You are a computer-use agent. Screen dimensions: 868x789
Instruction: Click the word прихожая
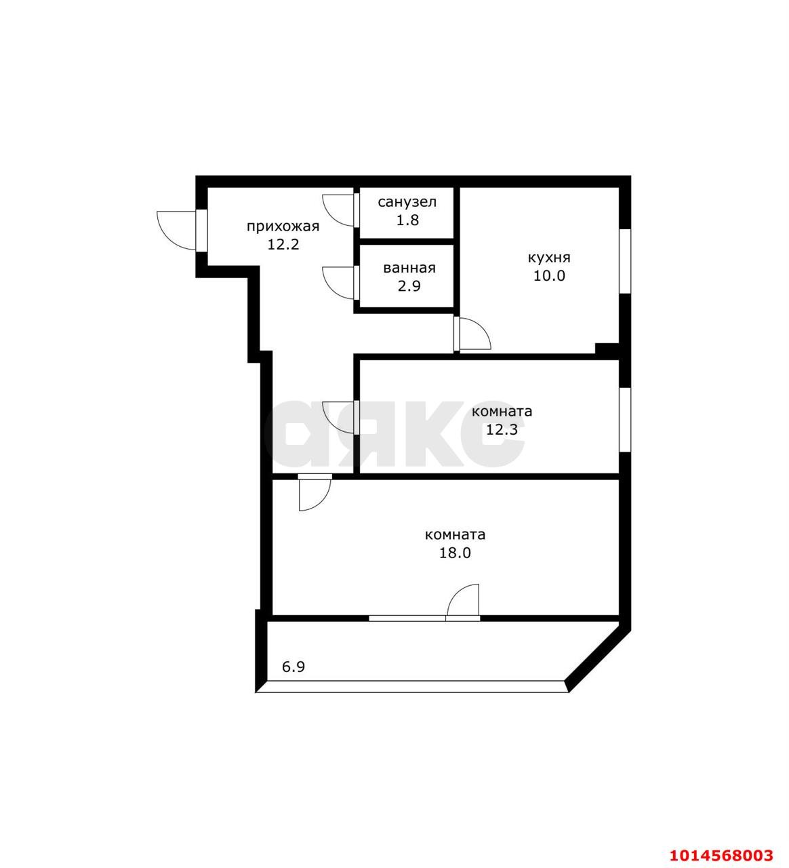tap(282, 226)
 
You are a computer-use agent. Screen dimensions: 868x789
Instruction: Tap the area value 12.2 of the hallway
tap(283, 244)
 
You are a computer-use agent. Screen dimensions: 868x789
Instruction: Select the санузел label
tap(407, 202)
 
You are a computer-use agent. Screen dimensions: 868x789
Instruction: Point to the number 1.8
tap(407, 220)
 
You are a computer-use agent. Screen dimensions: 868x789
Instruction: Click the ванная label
tap(409, 268)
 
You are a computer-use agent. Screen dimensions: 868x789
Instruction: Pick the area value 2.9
tap(409, 285)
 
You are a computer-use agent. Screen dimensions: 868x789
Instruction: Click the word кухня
tap(549, 258)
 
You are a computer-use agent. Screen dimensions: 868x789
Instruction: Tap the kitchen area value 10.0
tap(549, 275)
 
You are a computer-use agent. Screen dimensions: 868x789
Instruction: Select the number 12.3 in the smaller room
tap(502, 429)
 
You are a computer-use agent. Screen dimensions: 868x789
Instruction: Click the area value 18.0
tap(455, 553)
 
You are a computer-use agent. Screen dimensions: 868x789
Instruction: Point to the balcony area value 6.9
tap(294, 667)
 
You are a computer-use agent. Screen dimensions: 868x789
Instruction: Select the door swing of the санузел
tap(338, 209)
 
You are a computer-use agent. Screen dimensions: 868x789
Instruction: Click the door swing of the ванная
tap(338, 281)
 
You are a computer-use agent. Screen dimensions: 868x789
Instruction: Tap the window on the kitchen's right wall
tap(625, 261)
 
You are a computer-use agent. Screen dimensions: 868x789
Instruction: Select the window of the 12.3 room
tap(625, 419)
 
